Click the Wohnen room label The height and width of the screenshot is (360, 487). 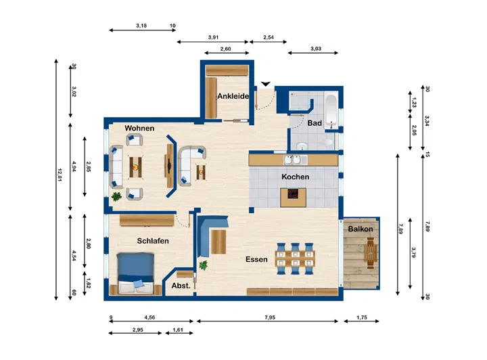[x=139, y=128]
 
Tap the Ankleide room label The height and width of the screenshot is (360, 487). [x=233, y=96]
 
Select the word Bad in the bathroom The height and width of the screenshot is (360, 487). [x=315, y=123]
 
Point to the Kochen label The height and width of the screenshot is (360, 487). [x=296, y=177]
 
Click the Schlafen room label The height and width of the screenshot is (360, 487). [x=153, y=241]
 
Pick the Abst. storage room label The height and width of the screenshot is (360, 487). [x=181, y=286]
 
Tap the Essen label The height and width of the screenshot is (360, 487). [x=256, y=259]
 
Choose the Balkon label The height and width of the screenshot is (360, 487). [x=361, y=229]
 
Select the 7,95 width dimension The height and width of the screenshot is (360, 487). [x=270, y=317]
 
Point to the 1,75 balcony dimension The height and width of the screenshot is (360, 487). [x=361, y=317]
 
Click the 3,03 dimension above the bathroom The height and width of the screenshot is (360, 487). [x=316, y=49]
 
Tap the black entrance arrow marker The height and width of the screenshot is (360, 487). [x=266, y=84]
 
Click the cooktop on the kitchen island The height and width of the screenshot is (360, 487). [x=293, y=194]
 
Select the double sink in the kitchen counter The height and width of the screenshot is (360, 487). [x=293, y=160]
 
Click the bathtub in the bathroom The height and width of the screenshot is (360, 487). [x=331, y=110]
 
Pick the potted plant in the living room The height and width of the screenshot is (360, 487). [x=116, y=196]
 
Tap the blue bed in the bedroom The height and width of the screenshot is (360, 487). [x=135, y=273]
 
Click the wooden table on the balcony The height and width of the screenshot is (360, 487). [x=371, y=253]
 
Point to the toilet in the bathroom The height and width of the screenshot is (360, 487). [x=327, y=142]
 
